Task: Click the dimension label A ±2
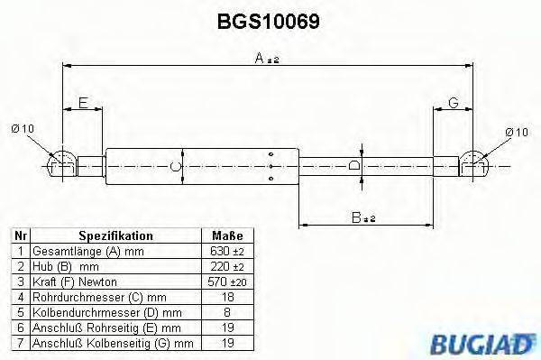266,59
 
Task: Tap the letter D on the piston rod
355,166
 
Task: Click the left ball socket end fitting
60,164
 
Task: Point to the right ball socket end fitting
474,164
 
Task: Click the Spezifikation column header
115,235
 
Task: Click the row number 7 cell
19,342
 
